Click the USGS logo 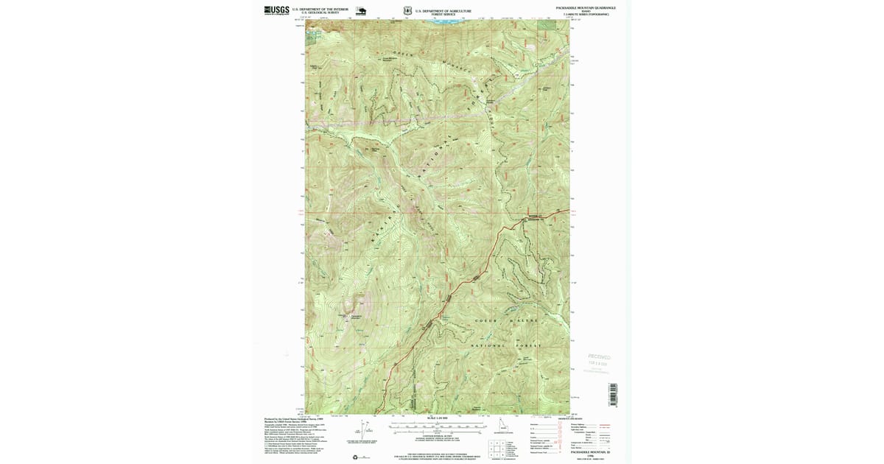(x=276, y=10)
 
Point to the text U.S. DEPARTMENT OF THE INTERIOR (x=320, y=9)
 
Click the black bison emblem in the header (x=361, y=10)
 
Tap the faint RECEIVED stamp (x=599, y=357)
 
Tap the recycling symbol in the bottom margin (x=356, y=457)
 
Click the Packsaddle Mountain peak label (x=355, y=317)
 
